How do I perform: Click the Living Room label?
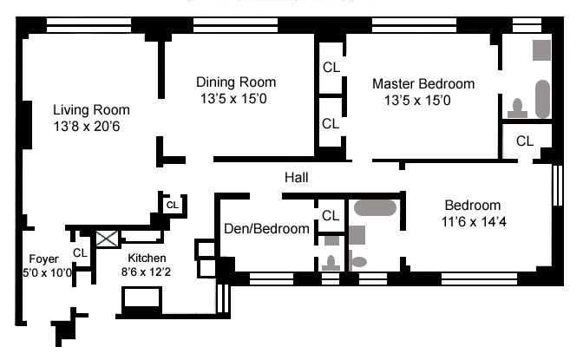(x=91, y=110)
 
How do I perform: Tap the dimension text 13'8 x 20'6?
(x=91, y=127)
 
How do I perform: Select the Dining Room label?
(x=236, y=82)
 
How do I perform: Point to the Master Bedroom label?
(x=423, y=84)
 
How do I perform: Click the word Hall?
(x=297, y=177)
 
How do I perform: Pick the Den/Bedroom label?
(x=266, y=229)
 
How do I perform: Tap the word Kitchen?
(x=147, y=258)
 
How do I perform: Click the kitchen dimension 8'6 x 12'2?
(x=147, y=272)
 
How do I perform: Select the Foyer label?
(x=43, y=259)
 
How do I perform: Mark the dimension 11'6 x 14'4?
(x=473, y=221)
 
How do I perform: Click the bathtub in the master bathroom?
(x=543, y=99)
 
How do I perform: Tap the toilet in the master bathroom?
(x=518, y=108)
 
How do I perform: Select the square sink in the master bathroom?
(x=541, y=49)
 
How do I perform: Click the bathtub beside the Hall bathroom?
(x=375, y=208)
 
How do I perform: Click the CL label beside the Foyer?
(x=80, y=252)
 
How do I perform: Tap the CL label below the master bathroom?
(x=525, y=141)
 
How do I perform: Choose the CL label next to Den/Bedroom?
(x=331, y=215)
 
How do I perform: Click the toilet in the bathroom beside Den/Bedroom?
(x=330, y=263)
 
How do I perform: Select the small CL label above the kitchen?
(x=172, y=206)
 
